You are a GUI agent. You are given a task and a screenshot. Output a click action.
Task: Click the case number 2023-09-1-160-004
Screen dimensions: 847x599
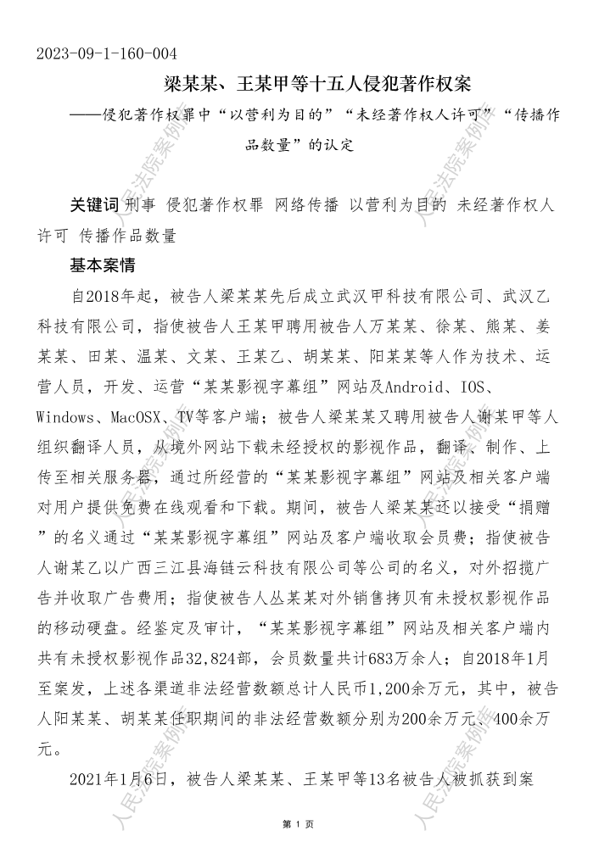106,54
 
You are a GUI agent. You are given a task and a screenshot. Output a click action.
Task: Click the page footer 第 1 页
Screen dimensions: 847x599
299,824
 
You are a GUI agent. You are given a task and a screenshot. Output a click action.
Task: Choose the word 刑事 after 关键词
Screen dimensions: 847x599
140,205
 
